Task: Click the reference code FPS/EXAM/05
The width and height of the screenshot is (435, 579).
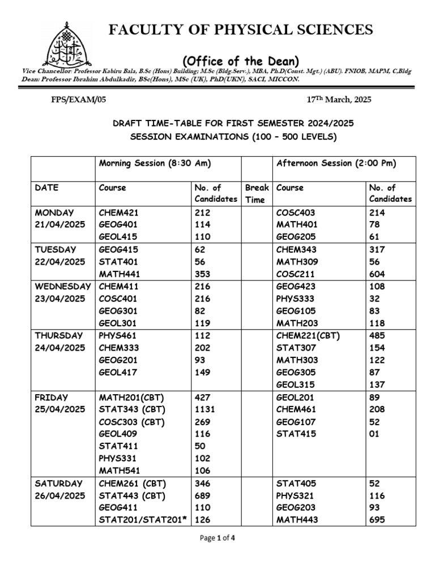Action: pyautogui.click(x=69, y=100)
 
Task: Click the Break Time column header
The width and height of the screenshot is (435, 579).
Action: pyautogui.click(x=257, y=193)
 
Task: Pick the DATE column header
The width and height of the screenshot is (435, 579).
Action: pyautogui.click(x=46, y=188)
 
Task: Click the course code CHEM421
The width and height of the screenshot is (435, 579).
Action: pyautogui.click(x=118, y=213)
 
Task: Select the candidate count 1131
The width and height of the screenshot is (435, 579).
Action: pyautogui.click(x=205, y=409)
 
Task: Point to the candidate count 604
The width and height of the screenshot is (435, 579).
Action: pyautogui.click(x=377, y=274)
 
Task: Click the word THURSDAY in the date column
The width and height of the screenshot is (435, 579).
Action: pyautogui.click(x=59, y=335)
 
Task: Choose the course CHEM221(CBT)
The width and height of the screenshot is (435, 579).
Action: pyautogui.click(x=308, y=335)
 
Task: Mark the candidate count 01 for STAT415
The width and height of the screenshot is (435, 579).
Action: pyautogui.click(x=374, y=434)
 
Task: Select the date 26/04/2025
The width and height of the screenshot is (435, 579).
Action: pyautogui.click(x=60, y=495)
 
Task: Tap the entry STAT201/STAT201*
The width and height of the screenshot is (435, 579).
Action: pyautogui.click(x=144, y=520)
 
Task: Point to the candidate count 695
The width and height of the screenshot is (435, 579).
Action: pyautogui.click(x=377, y=520)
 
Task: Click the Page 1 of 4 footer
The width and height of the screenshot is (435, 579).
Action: pyautogui.click(x=217, y=554)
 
